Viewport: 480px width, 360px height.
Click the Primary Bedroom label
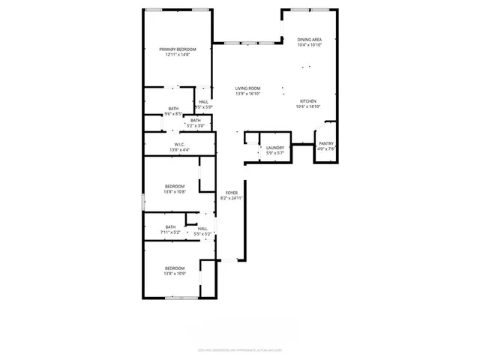[178, 49]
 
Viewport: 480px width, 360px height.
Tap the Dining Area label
[309, 39]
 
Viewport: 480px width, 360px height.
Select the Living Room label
[247, 88]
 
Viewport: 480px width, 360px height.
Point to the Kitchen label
[308, 101]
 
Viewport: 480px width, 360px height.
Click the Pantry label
[326, 143]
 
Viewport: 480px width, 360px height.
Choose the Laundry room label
[275, 148]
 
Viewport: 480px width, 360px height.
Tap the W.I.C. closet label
[180, 145]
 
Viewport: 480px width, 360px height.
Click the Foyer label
[232, 193]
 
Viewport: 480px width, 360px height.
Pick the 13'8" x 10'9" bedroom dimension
[175, 274]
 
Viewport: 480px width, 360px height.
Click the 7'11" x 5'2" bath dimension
[171, 233]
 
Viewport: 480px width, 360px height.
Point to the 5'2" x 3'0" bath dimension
[195, 126]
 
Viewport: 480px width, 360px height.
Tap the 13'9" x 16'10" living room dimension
[247, 94]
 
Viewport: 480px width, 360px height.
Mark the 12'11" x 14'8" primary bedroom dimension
[178, 55]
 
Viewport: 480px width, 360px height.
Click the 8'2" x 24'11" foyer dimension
[232, 199]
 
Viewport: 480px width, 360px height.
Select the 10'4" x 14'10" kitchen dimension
[308, 107]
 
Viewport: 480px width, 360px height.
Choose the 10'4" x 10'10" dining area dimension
[309, 45]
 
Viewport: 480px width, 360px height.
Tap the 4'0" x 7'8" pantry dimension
[326, 149]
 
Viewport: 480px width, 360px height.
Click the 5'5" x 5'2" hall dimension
[203, 234]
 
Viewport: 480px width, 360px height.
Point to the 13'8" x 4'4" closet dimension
[180, 151]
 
